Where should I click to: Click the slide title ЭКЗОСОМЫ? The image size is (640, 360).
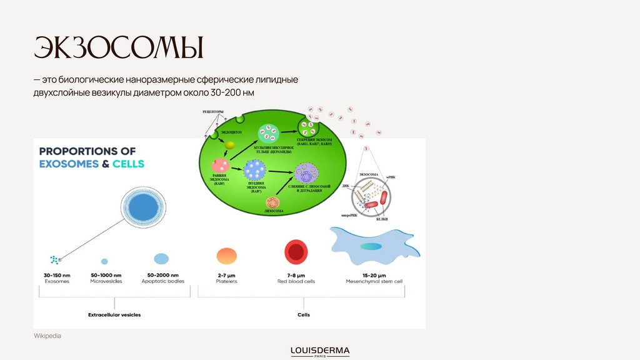tap(119, 49)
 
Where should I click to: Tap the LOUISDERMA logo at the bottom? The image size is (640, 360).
tap(320, 351)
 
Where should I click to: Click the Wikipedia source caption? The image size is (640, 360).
tap(47, 336)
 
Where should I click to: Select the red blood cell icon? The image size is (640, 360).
tap(296, 252)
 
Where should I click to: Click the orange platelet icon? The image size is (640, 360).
tap(226, 256)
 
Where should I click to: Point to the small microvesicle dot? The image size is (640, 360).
tap(104, 261)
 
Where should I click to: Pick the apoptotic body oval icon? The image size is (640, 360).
tap(161, 258)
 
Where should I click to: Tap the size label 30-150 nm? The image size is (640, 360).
tap(57, 275)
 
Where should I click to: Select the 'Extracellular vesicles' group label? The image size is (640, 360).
tap(114, 315)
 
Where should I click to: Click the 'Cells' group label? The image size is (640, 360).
tap(304, 315)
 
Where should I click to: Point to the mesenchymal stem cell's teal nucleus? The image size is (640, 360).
tap(370, 246)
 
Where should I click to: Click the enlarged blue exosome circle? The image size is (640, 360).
tap(143, 207)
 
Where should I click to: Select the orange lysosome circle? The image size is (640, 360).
tap(272, 202)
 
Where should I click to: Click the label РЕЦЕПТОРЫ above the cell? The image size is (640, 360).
tap(213, 111)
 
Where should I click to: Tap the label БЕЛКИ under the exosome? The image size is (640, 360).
tap(381, 219)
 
